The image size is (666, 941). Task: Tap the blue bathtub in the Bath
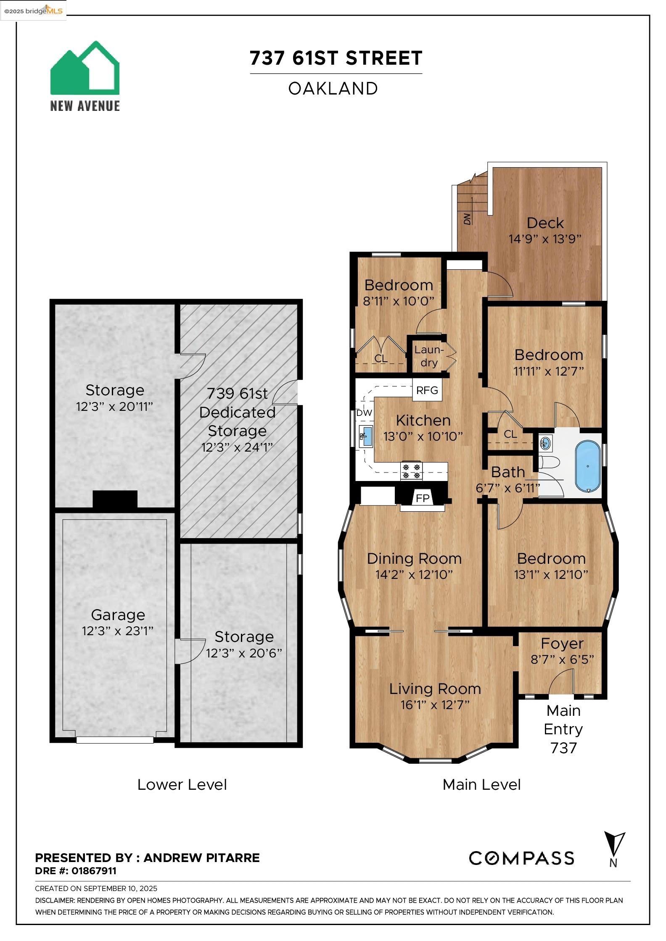(x=587, y=466)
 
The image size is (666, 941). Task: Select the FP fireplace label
(x=423, y=498)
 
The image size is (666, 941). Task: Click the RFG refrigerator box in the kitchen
(x=427, y=390)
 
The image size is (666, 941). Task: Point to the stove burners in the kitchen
(x=411, y=470)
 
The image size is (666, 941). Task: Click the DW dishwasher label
(x=364, y=413)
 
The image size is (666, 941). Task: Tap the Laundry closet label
(x=428, y=356)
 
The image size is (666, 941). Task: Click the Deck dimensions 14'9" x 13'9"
(x=545, y=239)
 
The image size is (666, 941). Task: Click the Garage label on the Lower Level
(x=118, y=615)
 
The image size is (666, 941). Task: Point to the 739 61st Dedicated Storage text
(x=237, y=412)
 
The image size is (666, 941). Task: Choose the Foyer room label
(x=562, y=643)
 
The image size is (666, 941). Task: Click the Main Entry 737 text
(x=563, y=729)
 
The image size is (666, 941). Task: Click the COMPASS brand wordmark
(x=521, y=858)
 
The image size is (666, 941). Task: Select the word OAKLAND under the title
(x=333, y=89)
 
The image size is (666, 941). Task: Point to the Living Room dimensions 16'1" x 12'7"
(x=435, y=704)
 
